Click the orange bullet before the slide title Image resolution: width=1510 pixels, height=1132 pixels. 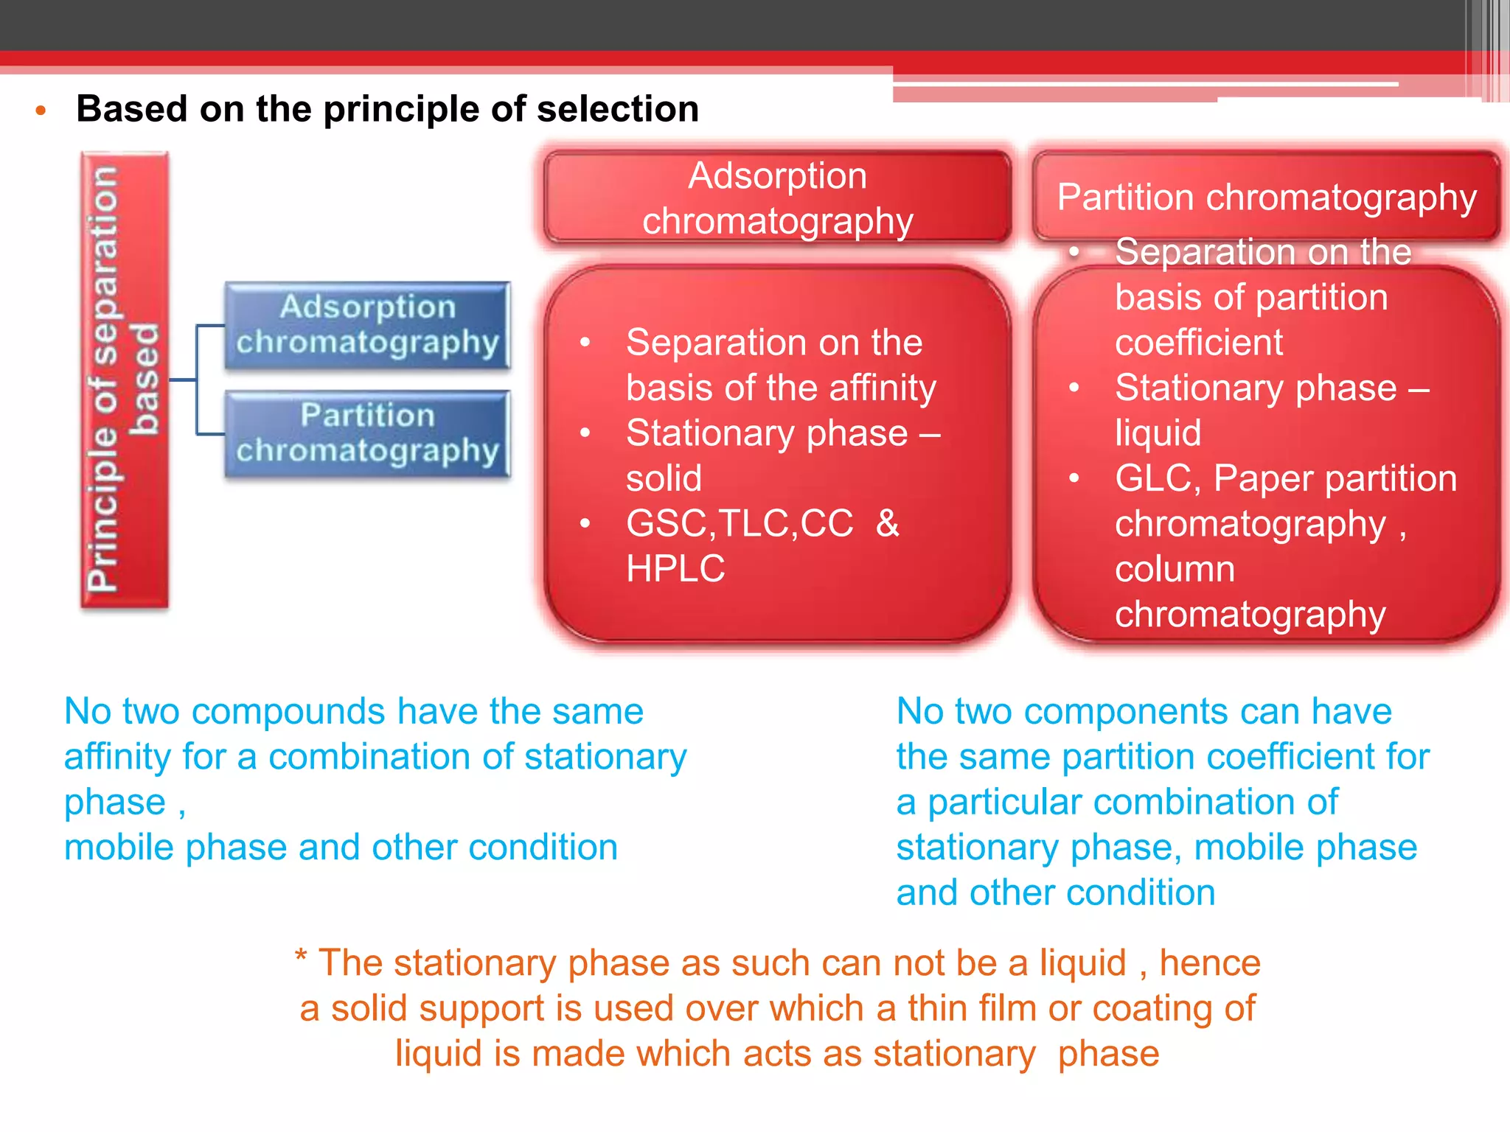(x=41, y=111)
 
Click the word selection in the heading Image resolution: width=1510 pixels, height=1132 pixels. (x=617, y=110)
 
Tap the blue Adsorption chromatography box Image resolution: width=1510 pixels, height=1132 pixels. (x=367, y=325)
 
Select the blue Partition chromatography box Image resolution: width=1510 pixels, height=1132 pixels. (x=367, y=433)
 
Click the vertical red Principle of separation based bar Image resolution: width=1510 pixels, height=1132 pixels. (x=124, y=380)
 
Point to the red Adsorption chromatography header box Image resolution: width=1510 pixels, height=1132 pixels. (x=777, y=198)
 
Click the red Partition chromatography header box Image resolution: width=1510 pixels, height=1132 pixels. (x=1266, y=197)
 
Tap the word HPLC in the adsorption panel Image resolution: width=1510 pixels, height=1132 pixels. (x=675, y=569)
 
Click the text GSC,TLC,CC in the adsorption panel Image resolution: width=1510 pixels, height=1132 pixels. (x=740, y=524)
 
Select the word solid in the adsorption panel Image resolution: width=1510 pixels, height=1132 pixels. (x=664, y=478)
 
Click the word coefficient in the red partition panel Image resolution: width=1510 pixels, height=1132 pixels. (x=1199, y=343)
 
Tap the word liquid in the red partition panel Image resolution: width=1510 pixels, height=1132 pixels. (x=1158, y=433)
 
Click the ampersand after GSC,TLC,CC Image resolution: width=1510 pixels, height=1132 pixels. (x=888, y=524)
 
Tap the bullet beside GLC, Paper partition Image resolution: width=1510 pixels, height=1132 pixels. (x=1074, y=478)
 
